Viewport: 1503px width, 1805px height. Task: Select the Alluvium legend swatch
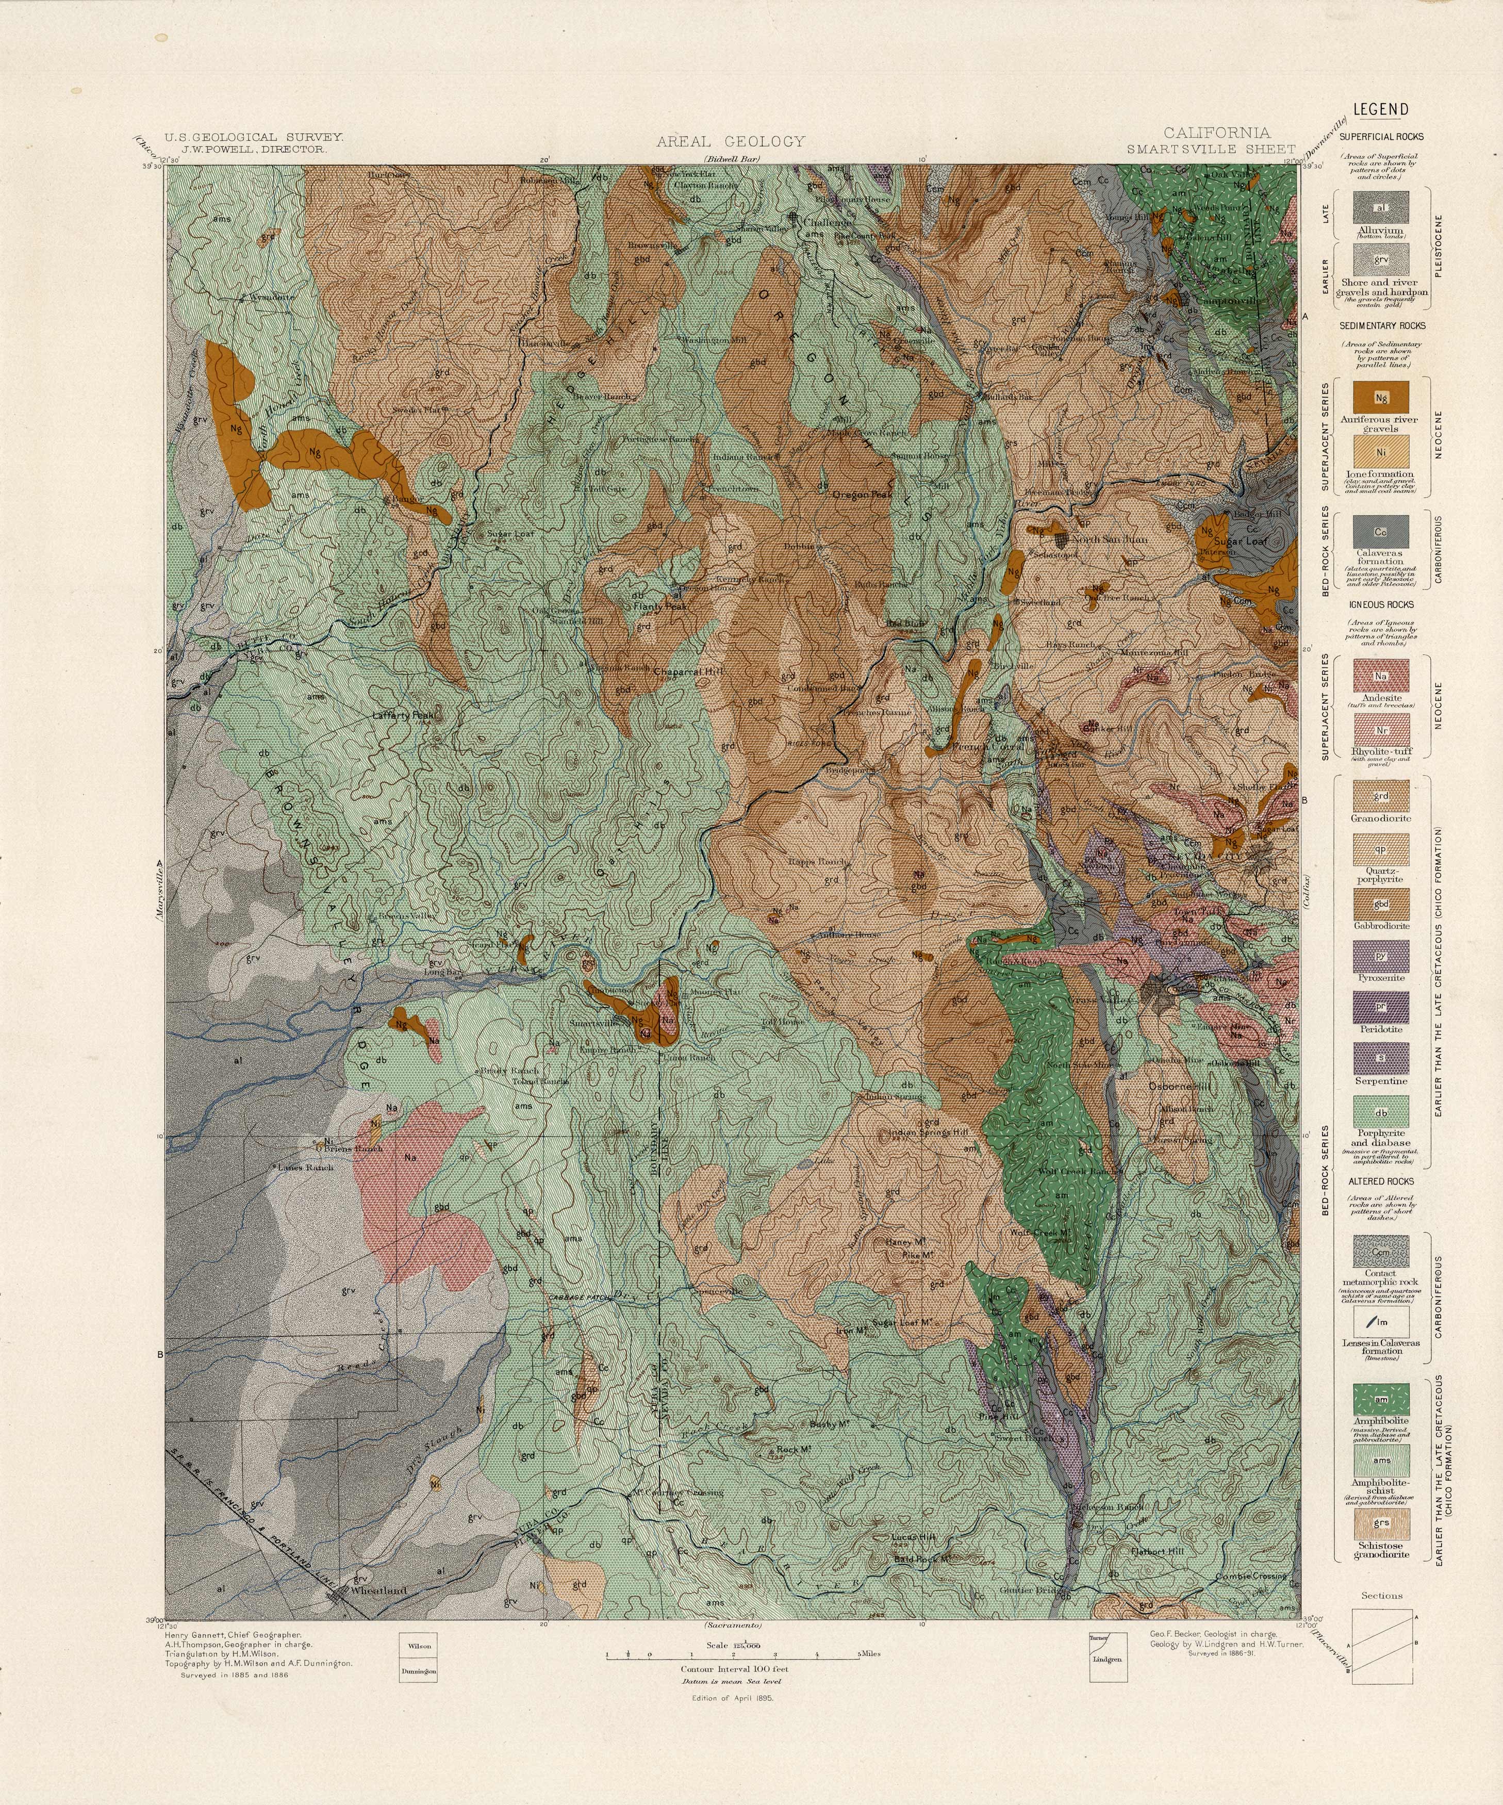(x=1381, y=207)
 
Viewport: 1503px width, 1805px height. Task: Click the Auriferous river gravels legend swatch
(x=1381, y=398)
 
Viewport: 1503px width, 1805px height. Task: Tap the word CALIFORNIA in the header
(x=1216, y=133)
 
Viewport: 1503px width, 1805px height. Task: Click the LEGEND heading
(x=1381, y=109)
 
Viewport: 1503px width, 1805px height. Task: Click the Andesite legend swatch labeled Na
(x=1381, y=677)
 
